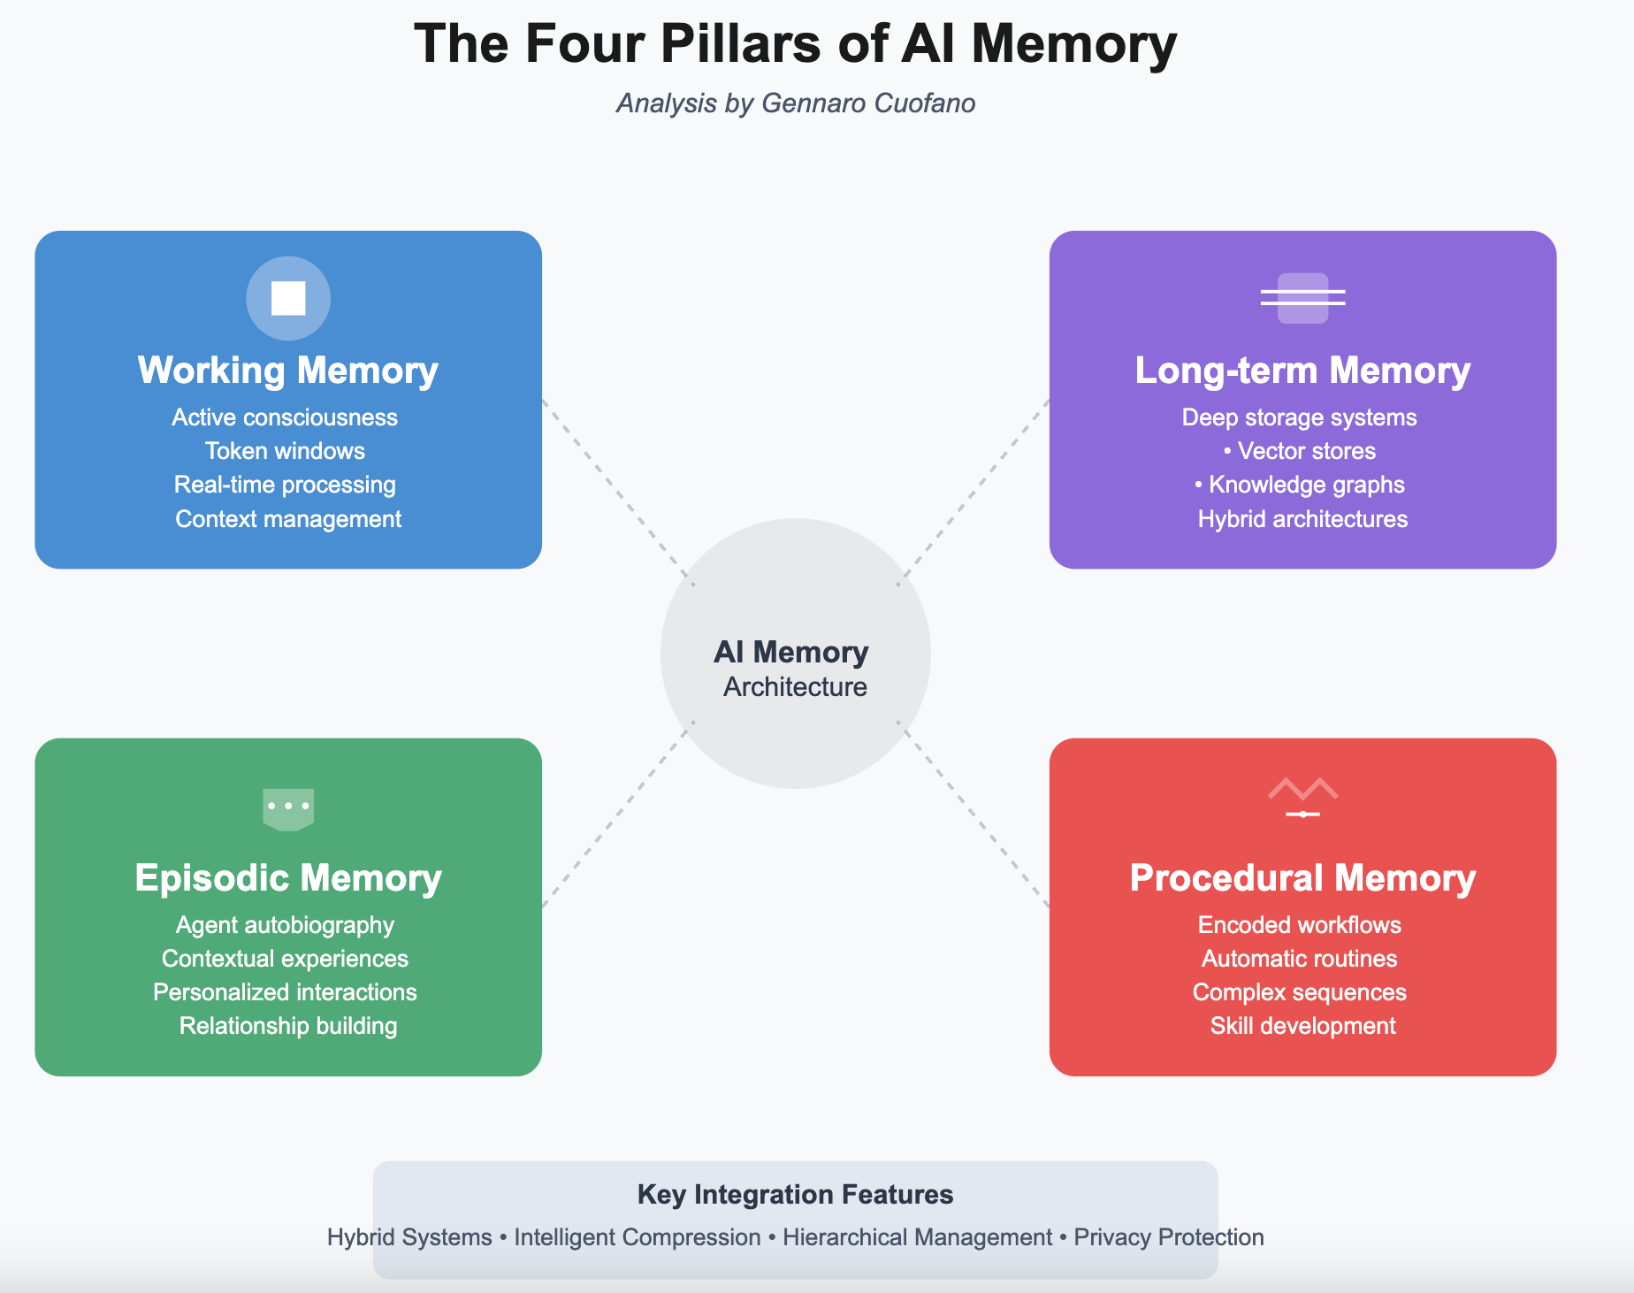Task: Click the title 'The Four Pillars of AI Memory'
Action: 795,44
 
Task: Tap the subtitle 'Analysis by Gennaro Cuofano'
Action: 795,103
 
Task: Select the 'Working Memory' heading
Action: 288,371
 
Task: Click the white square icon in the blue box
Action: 288,298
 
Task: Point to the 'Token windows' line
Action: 285,451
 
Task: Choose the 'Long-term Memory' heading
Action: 1302,371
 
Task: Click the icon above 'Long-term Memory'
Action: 1302,298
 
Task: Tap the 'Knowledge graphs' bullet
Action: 1306,485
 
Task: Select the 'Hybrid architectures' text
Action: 1302,519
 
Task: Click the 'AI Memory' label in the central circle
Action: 790,653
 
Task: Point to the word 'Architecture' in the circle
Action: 795,687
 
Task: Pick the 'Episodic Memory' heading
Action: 288,878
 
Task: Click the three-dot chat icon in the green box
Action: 288,807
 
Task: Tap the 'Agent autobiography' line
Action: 285,925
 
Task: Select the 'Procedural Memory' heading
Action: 1302,878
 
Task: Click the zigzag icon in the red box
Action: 1302,796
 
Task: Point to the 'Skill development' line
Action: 1302,1026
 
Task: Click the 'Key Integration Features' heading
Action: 795,1195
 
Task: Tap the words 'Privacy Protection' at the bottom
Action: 1168,1237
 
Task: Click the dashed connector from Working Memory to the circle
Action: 618,493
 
